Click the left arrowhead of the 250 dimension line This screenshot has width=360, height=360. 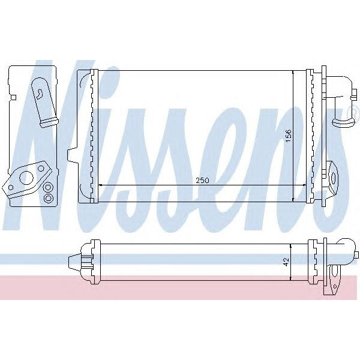[x=100, y=185]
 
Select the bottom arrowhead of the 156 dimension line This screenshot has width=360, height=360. [x=293, y=199]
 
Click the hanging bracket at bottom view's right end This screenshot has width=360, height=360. [x=331, y=285]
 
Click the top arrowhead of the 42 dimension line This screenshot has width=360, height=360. [x=290, y=246]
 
